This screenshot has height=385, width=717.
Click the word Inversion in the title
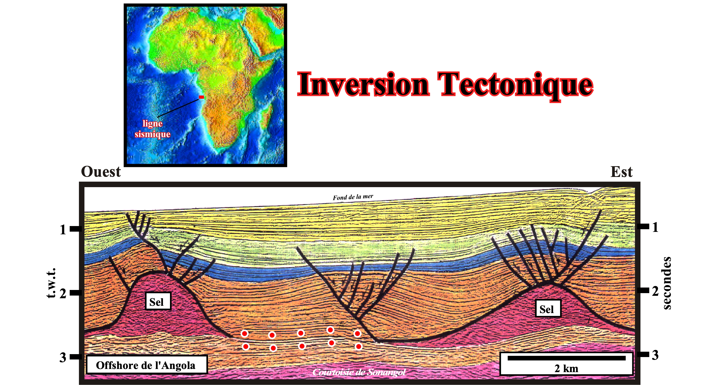click(x=363, y=84)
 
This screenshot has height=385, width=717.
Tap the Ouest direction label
click(x=101, y=172)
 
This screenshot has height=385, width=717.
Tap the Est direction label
click(x=622, y=172)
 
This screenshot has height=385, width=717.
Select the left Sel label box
click(x=158, y=301)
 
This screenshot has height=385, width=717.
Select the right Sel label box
click(x=548, y=308)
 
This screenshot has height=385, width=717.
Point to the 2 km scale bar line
click(x=566, y=358)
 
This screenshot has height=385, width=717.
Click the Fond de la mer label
click(x=353, y=197)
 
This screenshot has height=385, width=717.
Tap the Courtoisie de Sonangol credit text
click(x=359, y=372)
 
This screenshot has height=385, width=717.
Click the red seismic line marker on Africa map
click(x=201, y=97)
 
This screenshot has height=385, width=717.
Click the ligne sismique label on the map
click(x=152, y=129)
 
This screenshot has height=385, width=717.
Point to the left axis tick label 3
click(x=63, y=357)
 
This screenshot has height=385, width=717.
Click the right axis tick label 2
click(x=655, y=291)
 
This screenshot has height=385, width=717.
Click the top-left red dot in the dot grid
click(x=244, y=333)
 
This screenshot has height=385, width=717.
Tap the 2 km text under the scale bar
click(x=566, y=368)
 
